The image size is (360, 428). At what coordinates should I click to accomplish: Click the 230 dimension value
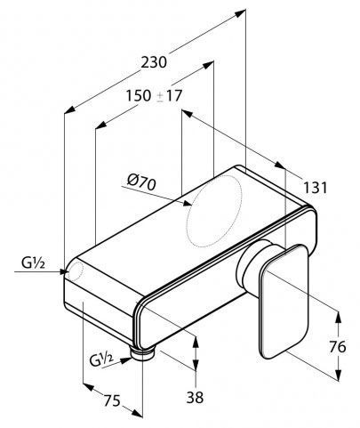pyautogui.click(x=154, y=62)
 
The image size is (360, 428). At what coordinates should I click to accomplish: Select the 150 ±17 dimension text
pyautogui.click(x=154, y=96)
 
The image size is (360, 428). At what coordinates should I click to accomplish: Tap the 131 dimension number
pyautogui.click(x=315, y=188)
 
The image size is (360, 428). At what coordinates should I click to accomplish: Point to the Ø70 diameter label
pyautogui.click(x=141, y=183)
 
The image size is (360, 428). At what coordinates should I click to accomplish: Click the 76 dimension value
pyautogui.click(x=338, y=346)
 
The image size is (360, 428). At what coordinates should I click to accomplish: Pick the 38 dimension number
pyautogui.click(x=195, y=397)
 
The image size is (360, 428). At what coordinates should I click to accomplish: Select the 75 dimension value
pyautogui.click(x=112, y=400)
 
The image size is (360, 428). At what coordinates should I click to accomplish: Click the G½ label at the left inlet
pyautogui.click(x=33, y=262)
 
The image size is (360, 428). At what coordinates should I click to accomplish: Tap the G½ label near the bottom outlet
pyautogui.click(x=101, y=359)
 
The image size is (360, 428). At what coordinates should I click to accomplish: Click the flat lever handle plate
pyautogui.click(x=284, y=302)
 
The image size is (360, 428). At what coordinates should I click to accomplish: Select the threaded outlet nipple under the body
pyautogui.click(x=143, y=354)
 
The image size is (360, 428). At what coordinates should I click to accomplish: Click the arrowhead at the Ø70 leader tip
pyautogui.click(x=188, y=203)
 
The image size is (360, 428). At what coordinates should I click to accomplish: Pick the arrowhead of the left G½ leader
pyautogui.click(x=64, y=271)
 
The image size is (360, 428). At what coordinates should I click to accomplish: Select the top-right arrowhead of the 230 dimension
pyautogui.click(x=241, y=12)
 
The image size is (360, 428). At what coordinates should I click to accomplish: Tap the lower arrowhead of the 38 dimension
pyautogui.click(x=196, y=365)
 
